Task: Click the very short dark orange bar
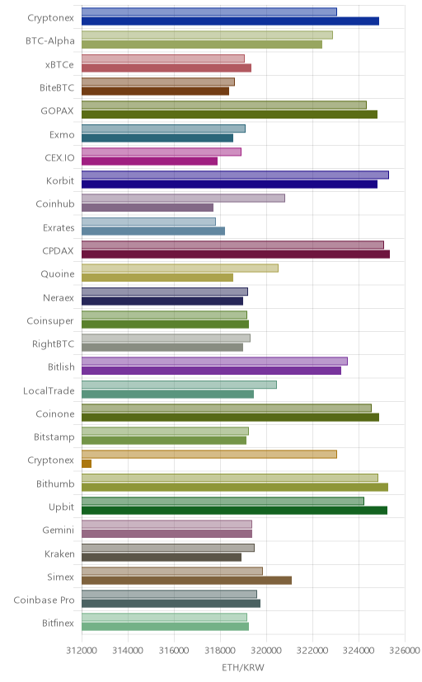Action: [87, 464]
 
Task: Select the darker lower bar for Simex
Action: [186, 580]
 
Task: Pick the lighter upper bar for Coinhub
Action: [183, 199]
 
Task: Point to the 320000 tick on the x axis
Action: [267, 650]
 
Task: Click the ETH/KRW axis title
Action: [243, 668]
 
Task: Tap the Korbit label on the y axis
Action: [60, 180]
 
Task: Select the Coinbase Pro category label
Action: [44, 600]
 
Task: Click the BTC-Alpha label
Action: [50, 41]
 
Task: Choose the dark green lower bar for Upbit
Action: [235, 510]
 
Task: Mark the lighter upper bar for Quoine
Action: [181, 268]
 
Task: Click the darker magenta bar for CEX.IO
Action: [150, 161]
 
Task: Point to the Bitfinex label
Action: [59, 624]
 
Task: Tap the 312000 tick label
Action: [82, 650]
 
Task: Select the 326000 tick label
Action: [405, 650]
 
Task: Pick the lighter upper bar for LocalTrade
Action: [179, 385]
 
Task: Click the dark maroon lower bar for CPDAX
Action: [236, 254]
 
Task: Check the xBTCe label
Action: [59, 64]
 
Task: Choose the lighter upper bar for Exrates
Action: [149, 222]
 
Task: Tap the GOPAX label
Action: [58, 111]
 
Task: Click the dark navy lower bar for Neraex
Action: [162, 301]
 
